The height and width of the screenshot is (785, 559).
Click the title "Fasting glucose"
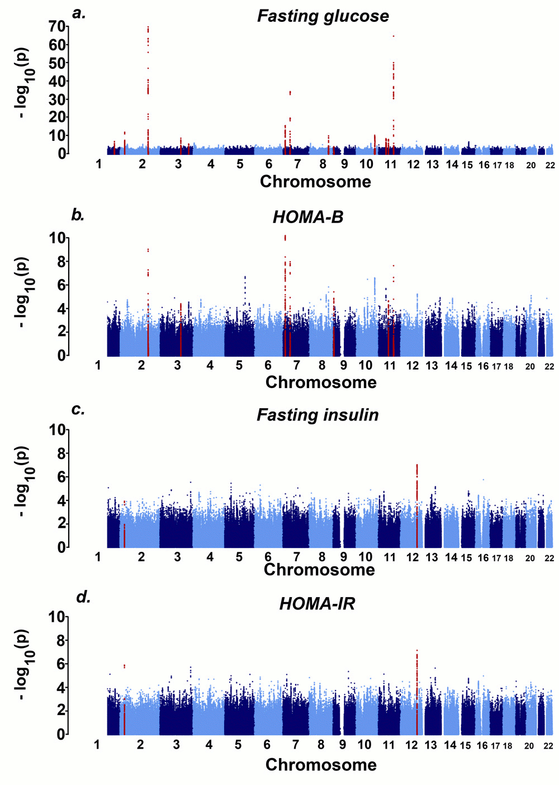[323, 16]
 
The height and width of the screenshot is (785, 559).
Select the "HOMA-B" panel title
[307, 217]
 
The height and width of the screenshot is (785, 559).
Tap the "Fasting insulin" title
[318, 415]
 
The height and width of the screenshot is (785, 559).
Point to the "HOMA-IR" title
[317, 604]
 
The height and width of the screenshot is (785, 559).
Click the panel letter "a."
[79, 13]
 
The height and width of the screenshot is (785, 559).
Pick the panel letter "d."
[83, 597]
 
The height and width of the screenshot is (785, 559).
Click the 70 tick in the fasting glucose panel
[57, 26]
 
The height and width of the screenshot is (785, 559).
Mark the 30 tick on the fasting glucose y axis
[57, 99]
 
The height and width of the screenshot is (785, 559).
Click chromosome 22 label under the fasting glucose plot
[550, 165]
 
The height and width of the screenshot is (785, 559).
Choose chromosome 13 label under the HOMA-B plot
[432, 366]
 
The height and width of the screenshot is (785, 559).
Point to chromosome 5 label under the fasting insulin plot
[239, 557]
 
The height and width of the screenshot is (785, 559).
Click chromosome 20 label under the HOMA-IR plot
[529, 746]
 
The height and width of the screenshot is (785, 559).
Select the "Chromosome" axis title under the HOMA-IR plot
[321, 765]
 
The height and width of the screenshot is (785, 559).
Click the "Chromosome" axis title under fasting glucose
[315, 182]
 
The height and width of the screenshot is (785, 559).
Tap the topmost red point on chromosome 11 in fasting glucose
[394, 36]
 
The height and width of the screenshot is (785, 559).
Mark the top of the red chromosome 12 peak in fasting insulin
[416, 465]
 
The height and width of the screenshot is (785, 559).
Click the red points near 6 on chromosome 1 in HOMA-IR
[124, 666]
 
